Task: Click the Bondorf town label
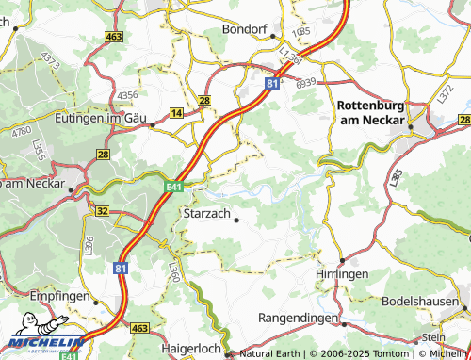[247, 28]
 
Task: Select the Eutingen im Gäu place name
[104, 119]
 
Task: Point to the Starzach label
[203, 216]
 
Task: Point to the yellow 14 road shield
[176, 113]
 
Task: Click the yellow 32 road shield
[102, 211]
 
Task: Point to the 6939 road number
[304, 84]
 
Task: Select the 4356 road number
[128, 96]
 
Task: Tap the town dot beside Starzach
[235, 221]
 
